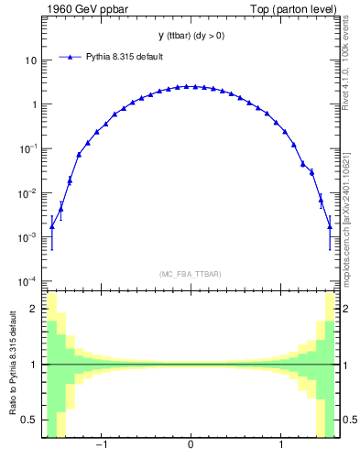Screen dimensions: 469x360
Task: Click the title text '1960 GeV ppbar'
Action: point(78,9)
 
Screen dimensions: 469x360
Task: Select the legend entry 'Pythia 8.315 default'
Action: point(124,57)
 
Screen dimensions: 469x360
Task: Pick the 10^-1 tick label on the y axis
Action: point(28,148)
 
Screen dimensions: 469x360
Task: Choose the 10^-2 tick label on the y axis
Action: point(28,192)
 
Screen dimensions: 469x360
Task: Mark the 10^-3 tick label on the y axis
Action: point(28,236)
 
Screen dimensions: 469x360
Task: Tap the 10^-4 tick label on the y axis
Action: point(28,280)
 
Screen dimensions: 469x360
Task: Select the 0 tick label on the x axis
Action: point(190,446)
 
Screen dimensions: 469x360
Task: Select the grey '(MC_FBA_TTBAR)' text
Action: point(190,274)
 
